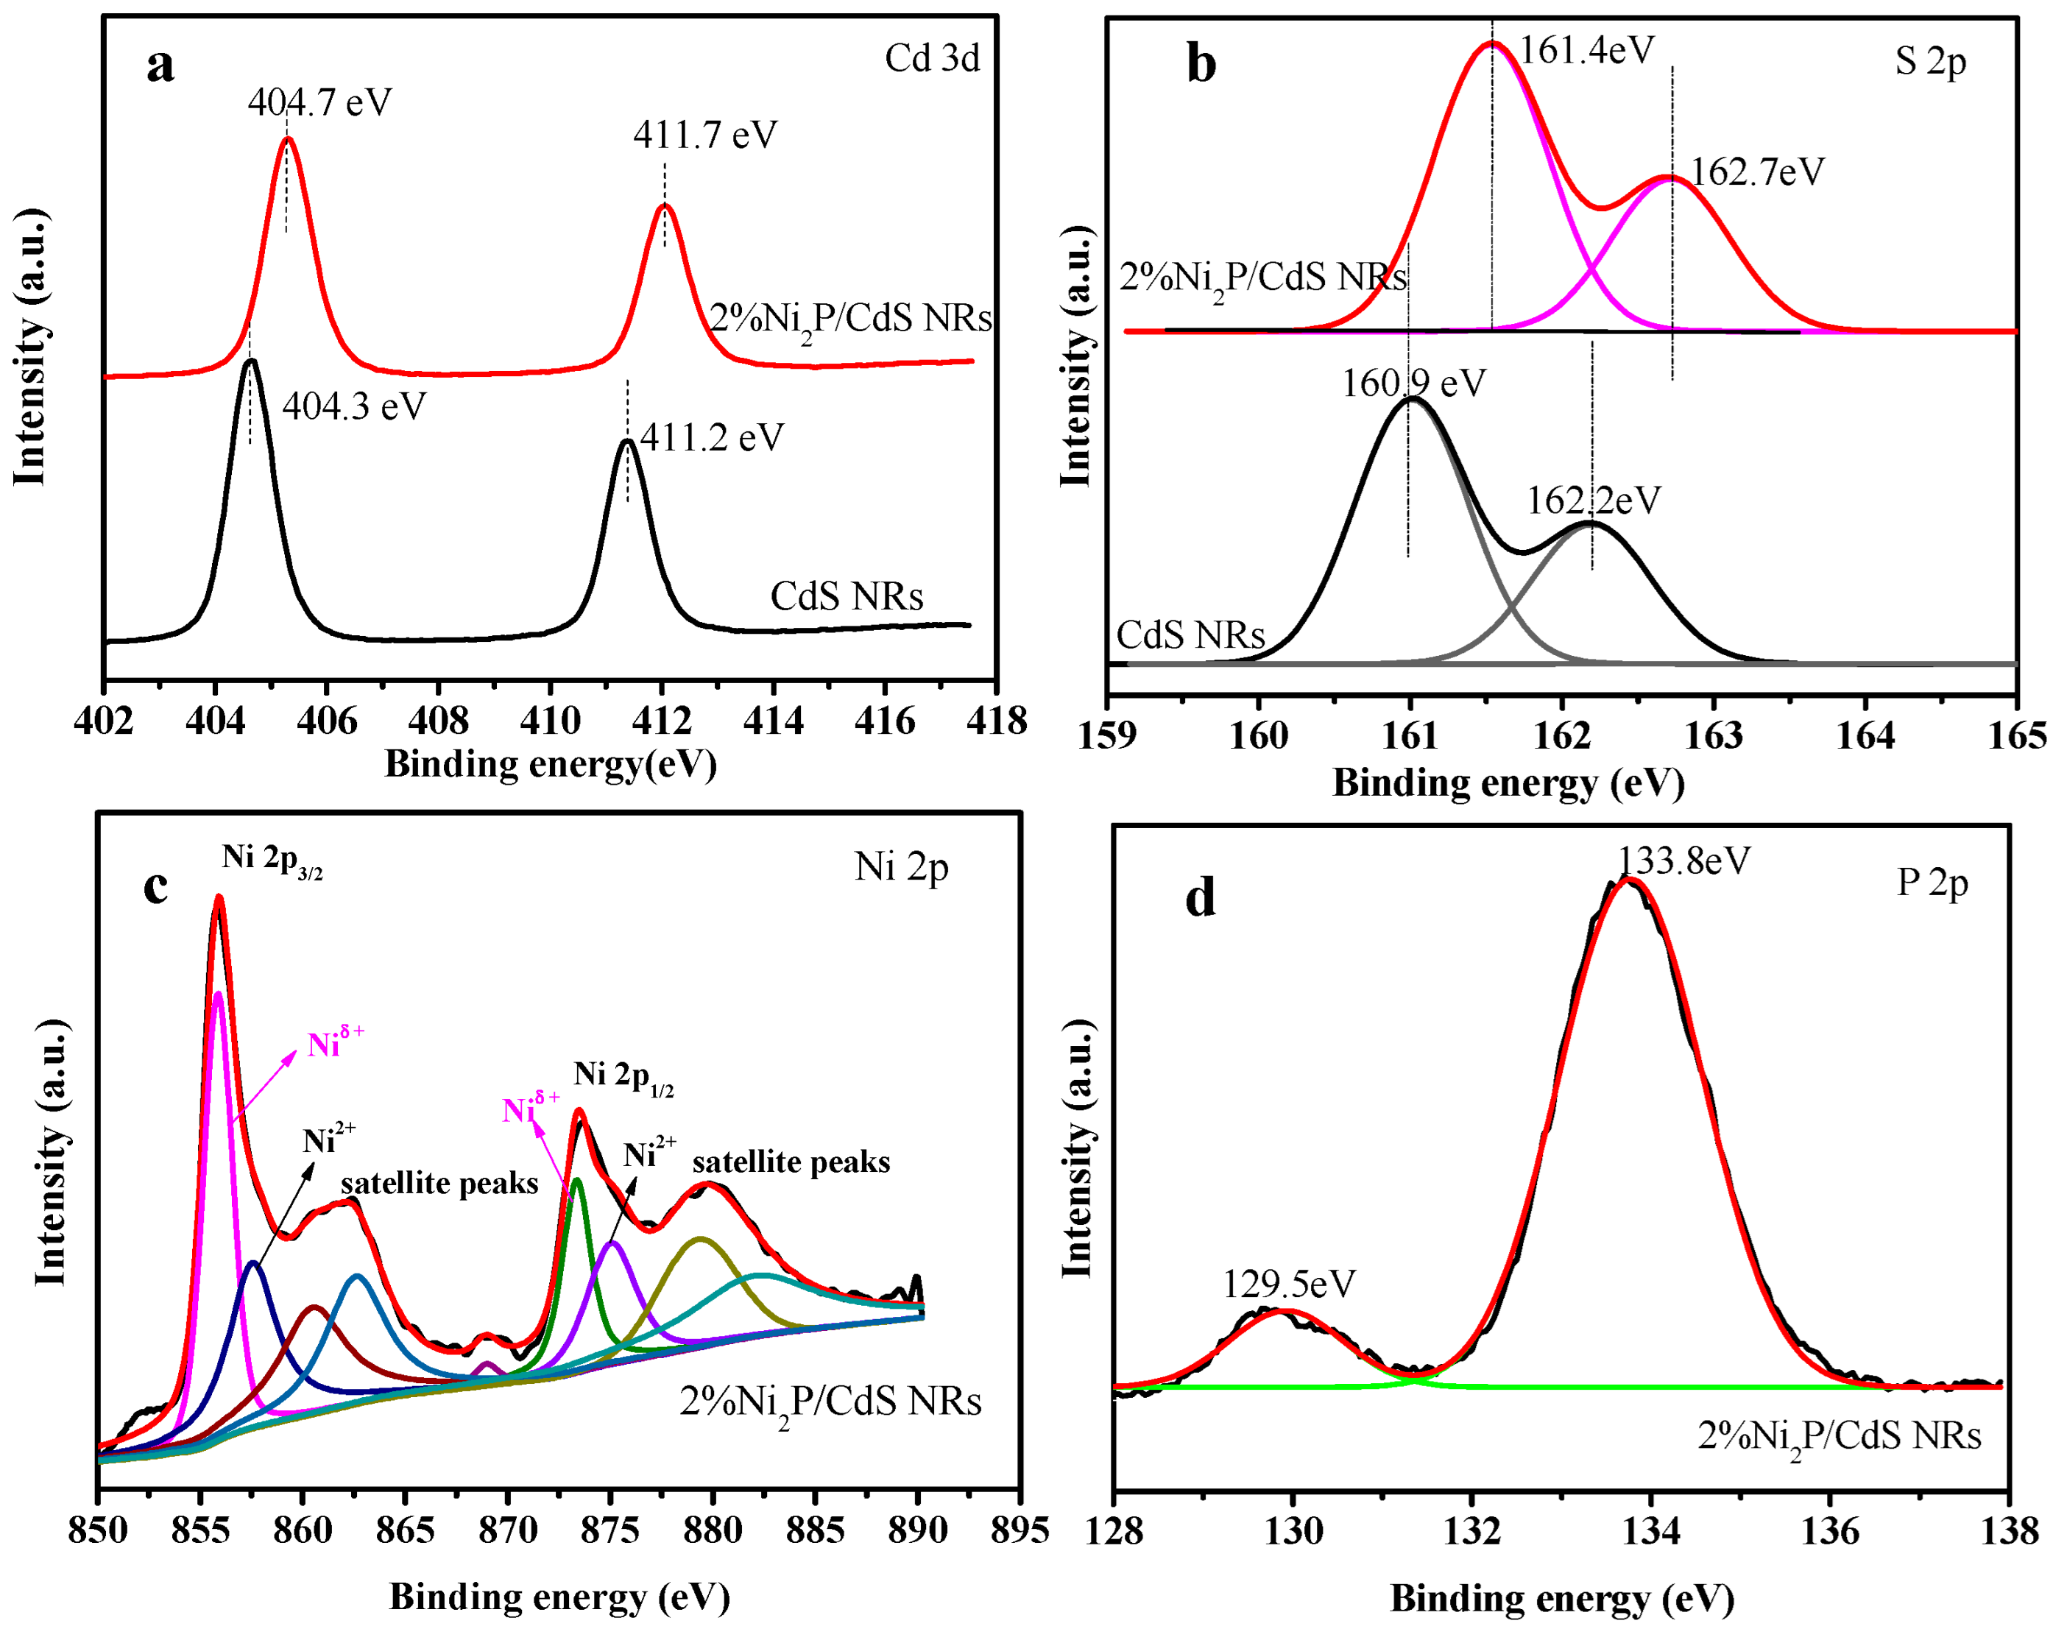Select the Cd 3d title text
pyautogui.click(x=931, y=59)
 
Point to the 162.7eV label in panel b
pyautogui.click(x=1757, y=172)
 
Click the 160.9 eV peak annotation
pyautogui.click(x=1413, y=384)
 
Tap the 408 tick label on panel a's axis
pyautogui.click(x=438, y=721)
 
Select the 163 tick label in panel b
pyautogui.click(x=1713, y=735)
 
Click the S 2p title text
pyautogui.click(x=1929, y=61)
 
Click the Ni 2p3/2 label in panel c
pyautogui.click(x=272, y=859)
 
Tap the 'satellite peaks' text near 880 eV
pyautogui.click(x=791, y=1162)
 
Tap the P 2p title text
pyautogui.click(x=1931, y=883)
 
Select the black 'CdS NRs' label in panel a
pyautogui.click(x=846, y=597)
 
